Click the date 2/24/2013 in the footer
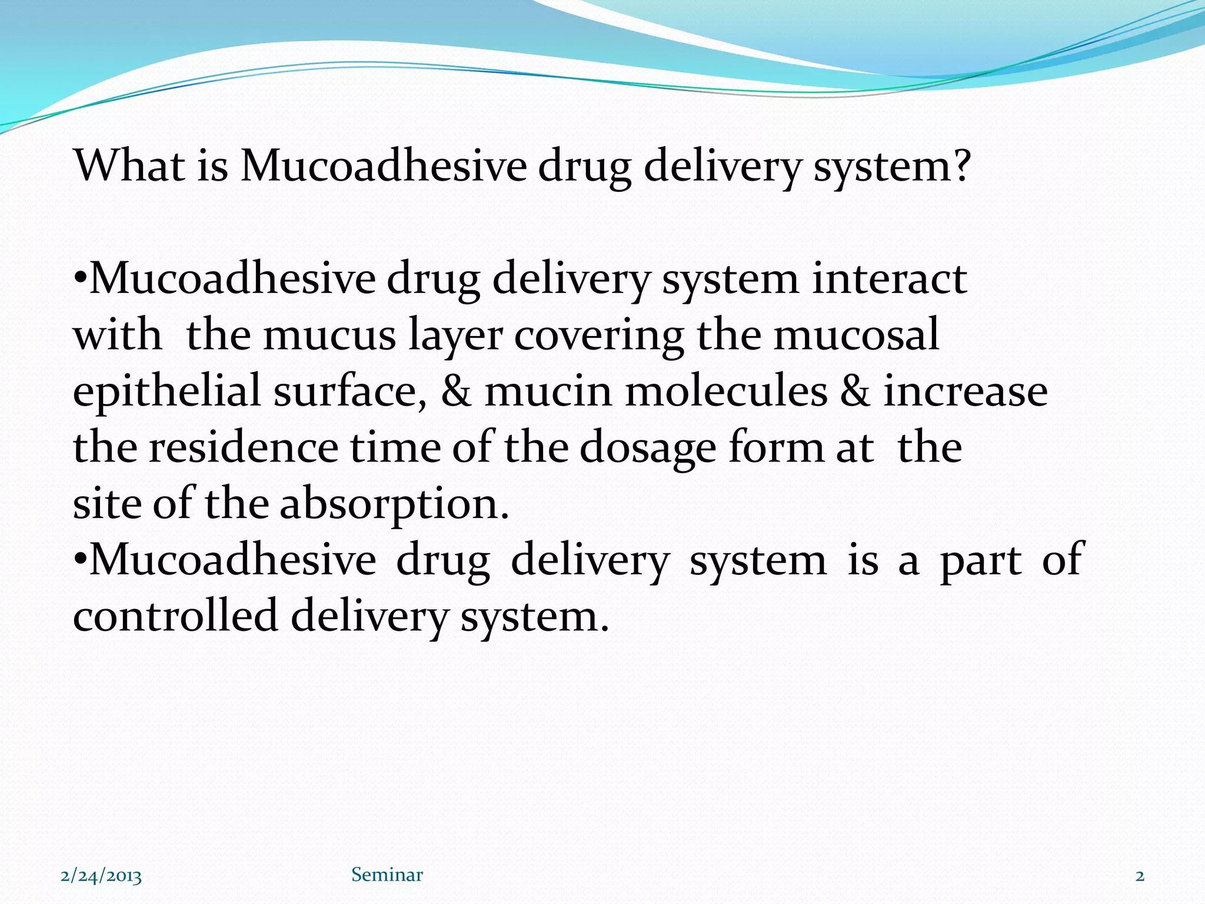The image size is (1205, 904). pyautogui.click(x=101, y=876)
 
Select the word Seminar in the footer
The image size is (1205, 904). pyautogui.click(x=387, y=875)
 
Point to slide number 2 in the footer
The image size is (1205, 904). pyautogui.click(x=1140, y=876)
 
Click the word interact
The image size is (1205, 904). pyautogui.click(x=889, y=278)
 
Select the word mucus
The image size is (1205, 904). pyautogui.click(x=329, y=335)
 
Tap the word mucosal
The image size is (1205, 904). pyautogui.click(x=856, y=335)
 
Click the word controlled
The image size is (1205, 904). pyautogui.click(x=175, y=616)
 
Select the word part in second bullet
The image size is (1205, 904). pyautogui.click(x=980, y=561)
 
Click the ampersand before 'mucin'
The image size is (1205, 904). pyautogui.click(x=456, y=391)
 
